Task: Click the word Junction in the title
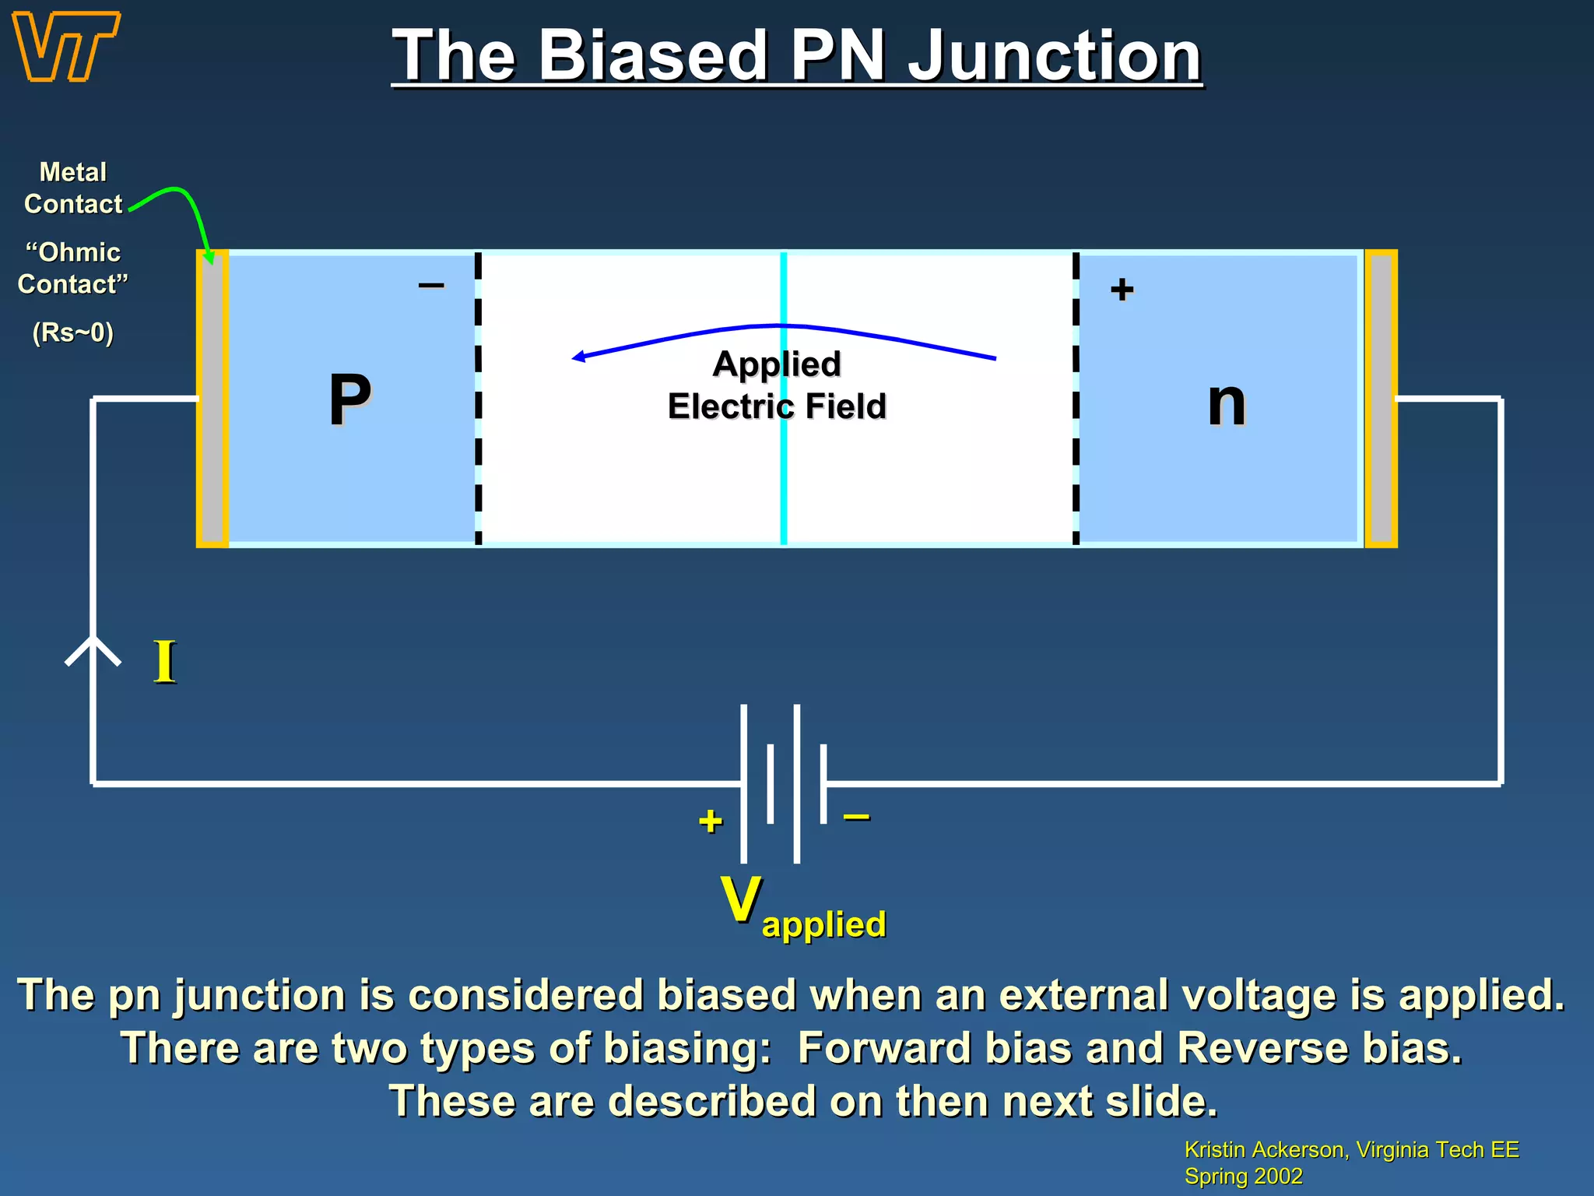pos(1055,56)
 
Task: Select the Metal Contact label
pos(72,188)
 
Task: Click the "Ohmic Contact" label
pos(72,268)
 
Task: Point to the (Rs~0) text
pos(72,332)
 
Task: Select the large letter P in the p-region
pos(349,400)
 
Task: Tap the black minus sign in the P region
pos(431,286)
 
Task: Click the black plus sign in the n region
pos(1122,290)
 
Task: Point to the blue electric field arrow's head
pos(578,357)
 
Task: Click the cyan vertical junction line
pos(783,483)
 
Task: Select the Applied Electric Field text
pos(777,385)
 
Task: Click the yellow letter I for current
pos(164,662)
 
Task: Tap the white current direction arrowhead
pos(93,648)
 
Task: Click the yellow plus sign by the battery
pos(710,821)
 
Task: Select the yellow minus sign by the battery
pos(856,817)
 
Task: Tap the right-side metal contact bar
pos(1381,399)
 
